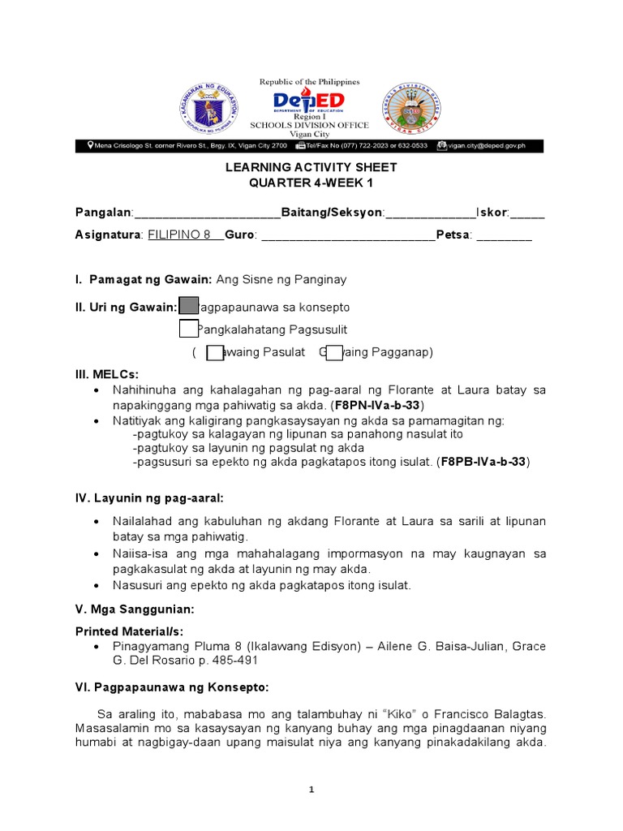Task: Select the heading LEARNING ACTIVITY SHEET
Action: (x=311, y=167)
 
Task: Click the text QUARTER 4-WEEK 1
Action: (x=311, y=183)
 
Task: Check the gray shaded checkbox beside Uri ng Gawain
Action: (x=188, y=307)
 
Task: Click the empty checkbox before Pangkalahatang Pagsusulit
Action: (x=188, y=329)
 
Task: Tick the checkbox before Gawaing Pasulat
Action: (x=215, y=352)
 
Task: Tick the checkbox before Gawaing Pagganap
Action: (x=334, y=352)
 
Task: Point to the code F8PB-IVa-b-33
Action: (x=484, y=463)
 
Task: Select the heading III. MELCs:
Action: (x=106, y=374)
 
